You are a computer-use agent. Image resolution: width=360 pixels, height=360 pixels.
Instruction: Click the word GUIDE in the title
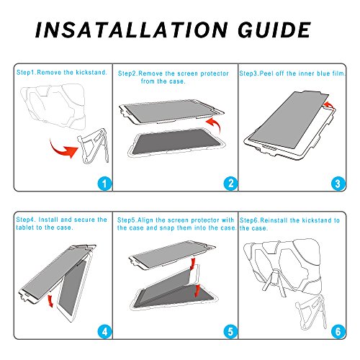(274, 30)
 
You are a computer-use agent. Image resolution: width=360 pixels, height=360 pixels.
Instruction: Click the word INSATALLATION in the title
(131, 30)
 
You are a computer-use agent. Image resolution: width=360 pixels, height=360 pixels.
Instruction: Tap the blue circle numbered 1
(104, 184)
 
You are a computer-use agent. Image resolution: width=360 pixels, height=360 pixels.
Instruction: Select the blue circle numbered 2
(230, 184)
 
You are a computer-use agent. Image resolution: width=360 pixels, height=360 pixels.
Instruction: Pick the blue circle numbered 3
(338, 184)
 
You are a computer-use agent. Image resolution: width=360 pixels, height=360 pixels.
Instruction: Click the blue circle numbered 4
(104, 332)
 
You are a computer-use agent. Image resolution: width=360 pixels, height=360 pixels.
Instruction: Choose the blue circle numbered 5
(230, 332)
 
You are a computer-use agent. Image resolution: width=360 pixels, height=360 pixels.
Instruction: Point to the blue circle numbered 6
(338, 332)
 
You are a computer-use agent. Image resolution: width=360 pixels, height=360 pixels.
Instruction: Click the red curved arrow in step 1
(63, 151)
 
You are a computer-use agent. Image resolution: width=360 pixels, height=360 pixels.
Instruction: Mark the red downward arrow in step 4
(50, 301)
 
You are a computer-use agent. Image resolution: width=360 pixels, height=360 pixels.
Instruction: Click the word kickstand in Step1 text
(91, 72)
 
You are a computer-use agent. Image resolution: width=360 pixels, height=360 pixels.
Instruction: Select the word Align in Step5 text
(145, 220)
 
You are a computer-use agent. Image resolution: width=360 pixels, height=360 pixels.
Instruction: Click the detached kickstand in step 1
(93, 146)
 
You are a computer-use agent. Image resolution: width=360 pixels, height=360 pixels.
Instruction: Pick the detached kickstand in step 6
(311, 312)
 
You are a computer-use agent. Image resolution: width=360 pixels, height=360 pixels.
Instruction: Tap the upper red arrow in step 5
(192, 264)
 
